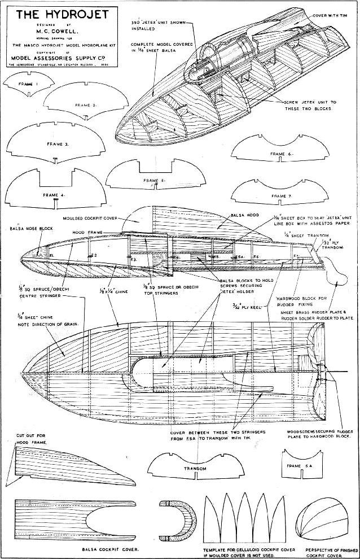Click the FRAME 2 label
(x=85, y=105)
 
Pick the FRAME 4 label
(x=54, y=194)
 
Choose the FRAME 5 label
(x=153, y=180)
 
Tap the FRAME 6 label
(x=280, y=154)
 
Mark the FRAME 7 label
(x=280, y=196)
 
